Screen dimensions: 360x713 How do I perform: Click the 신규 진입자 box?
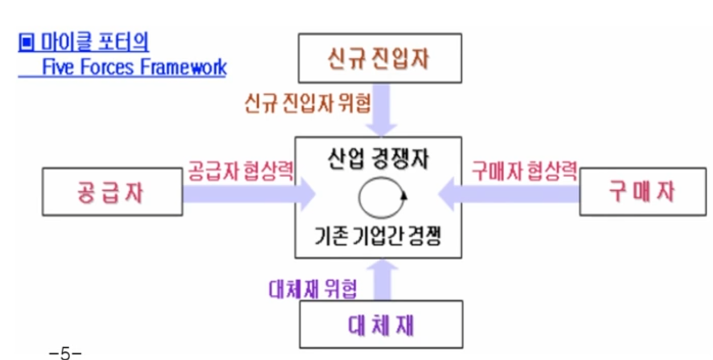pos(380,58)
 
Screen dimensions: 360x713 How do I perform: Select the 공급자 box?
pos(112,193)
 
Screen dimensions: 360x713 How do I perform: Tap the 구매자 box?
pos(643,193)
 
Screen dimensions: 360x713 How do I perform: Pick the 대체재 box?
pos(381,324)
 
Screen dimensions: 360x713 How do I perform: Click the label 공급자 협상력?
pos(240,172)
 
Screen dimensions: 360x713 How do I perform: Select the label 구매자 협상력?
pos(524,172)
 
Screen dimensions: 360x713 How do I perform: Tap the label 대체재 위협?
pos(313,289)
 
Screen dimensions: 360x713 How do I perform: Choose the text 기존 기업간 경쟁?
pos(378,236)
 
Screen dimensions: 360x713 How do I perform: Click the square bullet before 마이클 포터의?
pos(26,43)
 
